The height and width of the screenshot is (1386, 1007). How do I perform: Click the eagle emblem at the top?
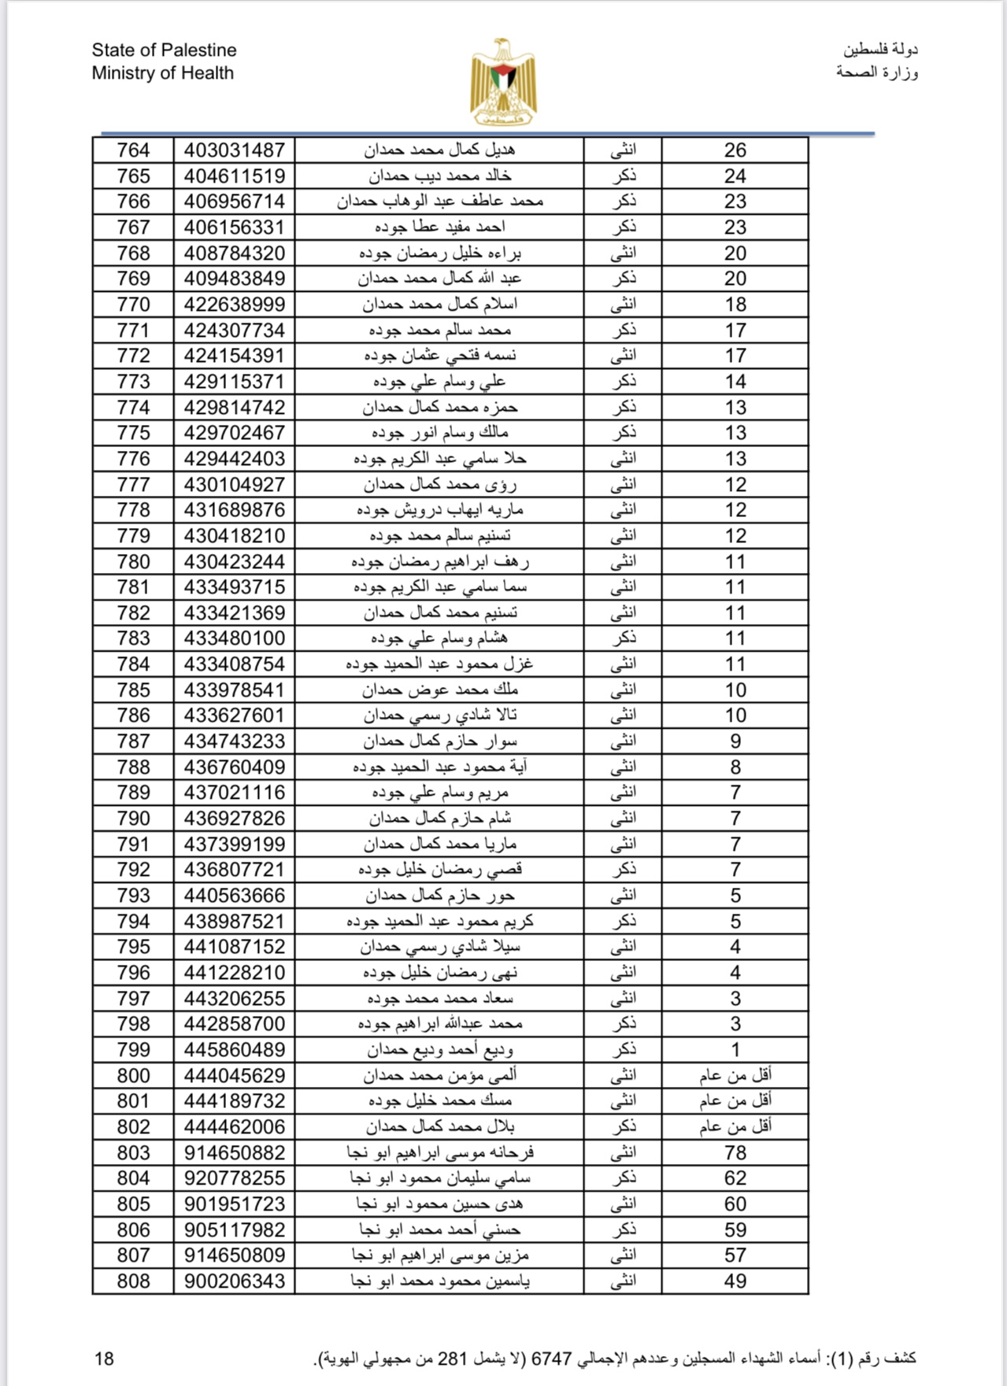click(x=503, y=82)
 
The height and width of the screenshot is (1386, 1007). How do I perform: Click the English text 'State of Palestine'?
click(x=164, y=50)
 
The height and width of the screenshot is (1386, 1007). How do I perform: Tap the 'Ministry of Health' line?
click(x=162, y=73)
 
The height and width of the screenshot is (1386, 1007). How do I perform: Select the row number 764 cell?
click(x=133, y=150)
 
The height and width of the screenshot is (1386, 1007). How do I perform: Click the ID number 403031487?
click(x=234, y=150)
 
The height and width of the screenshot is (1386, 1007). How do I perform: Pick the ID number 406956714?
click(x=234, y=201)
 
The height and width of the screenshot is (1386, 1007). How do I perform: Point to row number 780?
click(x=133, y=562)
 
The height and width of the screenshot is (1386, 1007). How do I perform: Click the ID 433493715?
click(x=234, y=587)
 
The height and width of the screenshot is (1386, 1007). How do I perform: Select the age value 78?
click(x=735, y=1153)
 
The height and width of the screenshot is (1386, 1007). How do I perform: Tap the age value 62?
click(x=735, y=1178)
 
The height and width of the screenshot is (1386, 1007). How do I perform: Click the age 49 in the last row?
click(x=735, y=1281)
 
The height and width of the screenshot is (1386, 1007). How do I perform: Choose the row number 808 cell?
click(x=133, y=1281)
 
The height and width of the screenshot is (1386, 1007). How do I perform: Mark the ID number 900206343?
click(x=234, y=1281)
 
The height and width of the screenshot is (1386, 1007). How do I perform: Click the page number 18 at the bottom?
click(x=104, y=1358)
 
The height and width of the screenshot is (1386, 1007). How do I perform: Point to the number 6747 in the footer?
click(x=551, y=1358)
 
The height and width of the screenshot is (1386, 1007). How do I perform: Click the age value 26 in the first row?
click(x=735, y=150)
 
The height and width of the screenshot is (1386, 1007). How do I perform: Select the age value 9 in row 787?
click(x=735, y=741)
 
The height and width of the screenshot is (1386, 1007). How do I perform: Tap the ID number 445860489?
click(x=234, y=1050)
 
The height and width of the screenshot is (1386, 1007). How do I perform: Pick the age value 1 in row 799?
click(x=735, y=1050)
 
